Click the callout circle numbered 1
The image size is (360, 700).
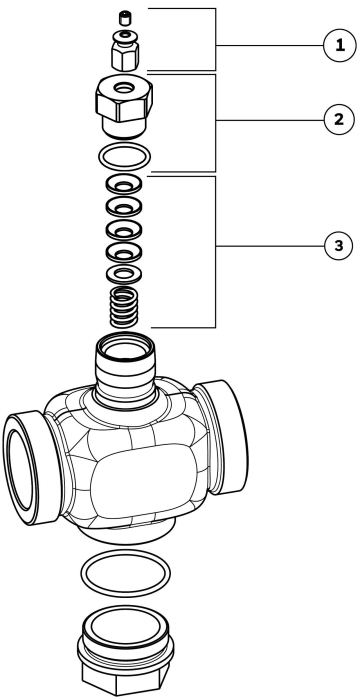coord(340,46)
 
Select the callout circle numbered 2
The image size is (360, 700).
coord(339,120)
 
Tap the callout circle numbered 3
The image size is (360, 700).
coord(339,246)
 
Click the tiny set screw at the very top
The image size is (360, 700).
coord(124,19)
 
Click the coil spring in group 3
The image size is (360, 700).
coord(124,307)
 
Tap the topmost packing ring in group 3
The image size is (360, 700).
coord(124,184)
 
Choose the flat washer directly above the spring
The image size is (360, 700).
coord(124,273)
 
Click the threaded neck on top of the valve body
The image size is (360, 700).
coord(126,368)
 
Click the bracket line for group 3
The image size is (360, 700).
coord(216,252)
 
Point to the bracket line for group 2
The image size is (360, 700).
coord(216,123)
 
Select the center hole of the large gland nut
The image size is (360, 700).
coord(124,88)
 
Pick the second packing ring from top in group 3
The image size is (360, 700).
coord(124,206)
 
